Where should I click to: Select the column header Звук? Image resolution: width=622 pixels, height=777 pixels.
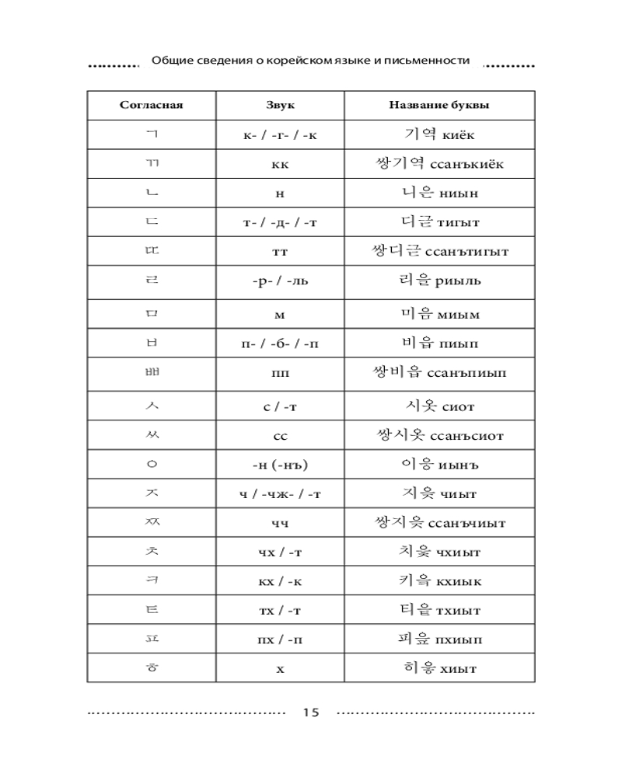[x=280, y=105]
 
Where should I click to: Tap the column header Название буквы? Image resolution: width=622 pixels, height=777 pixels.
[x=439, y=105]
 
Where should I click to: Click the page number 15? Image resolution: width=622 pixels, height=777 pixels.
[x=311, y=712]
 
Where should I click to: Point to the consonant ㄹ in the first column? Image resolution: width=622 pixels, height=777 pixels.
[x=152, y=280]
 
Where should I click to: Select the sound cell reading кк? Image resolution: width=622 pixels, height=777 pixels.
[x=280, y=165]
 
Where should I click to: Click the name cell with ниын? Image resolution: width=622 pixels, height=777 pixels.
[x=439, y=193]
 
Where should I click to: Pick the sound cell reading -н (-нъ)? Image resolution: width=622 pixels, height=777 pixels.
[x=280, y=465]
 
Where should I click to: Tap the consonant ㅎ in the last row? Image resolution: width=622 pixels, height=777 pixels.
[x=152, y=667]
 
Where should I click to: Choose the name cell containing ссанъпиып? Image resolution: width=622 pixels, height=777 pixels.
[x=439, y=373]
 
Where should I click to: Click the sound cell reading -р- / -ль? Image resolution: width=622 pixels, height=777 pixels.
[x=280, y=280]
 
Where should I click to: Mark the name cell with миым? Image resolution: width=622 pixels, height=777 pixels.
[x=439, y=314]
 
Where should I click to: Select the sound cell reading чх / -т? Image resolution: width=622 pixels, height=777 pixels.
[x=280, y=552]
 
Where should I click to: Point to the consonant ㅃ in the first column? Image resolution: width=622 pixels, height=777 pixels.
[x=152, y=373]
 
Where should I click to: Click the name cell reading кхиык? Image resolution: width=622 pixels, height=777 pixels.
[x=439, y=580]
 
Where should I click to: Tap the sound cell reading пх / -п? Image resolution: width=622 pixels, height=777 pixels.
[x=280, y=639]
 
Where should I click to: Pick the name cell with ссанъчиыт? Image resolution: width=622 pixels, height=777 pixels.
[x=439, y=522]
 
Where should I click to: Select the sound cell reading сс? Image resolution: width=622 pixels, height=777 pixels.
[x=280, y=436]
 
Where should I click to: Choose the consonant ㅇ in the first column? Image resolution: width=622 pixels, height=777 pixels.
[x=152, y=465]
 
